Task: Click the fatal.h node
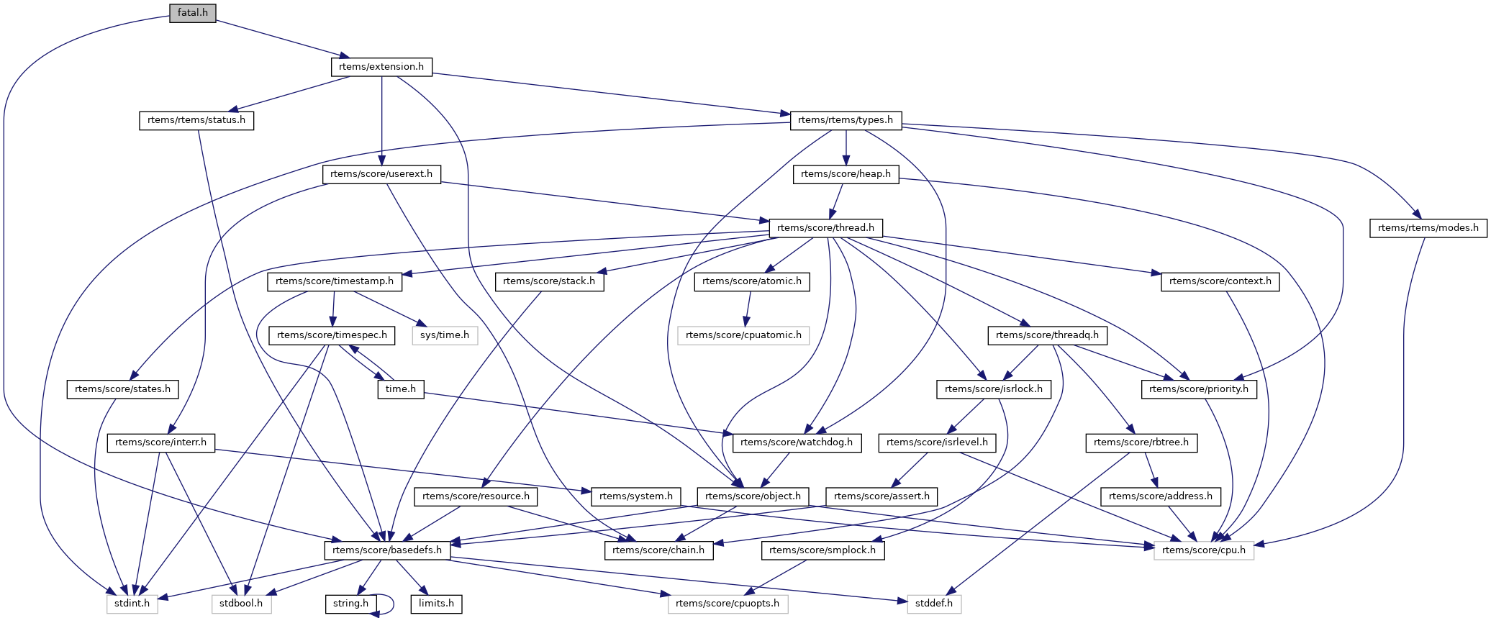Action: coord(193,13)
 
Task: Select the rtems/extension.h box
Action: coord(381,67)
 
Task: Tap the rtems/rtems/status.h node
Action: coord(196,120)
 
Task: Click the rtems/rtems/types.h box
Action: coord(846,120)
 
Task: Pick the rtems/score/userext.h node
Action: coord(381,174)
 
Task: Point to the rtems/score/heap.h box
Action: coord(846,174)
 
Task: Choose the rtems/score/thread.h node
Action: coord(826,228)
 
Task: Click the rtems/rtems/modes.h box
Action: coord(1428,228)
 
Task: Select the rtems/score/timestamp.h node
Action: coord(335,281)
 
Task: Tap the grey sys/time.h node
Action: coord(445,335)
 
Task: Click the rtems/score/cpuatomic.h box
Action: coord(744,335)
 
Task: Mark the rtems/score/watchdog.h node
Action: coord(797,442)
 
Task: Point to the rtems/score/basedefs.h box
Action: coord(388,550)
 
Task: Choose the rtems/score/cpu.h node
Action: coord(1204,550)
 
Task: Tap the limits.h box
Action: coord(437,604)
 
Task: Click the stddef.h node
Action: coord(934,604)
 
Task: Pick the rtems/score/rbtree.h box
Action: coord(1141,442)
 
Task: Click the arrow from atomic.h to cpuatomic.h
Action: coord(748,308)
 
